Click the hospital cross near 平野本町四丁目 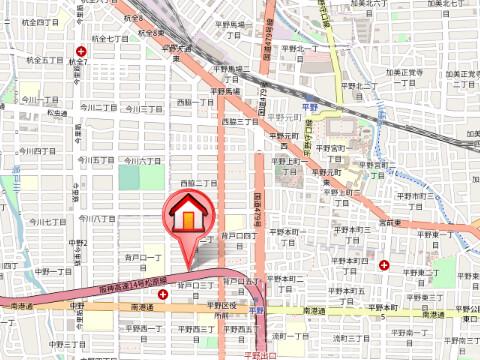[x=385, y=265]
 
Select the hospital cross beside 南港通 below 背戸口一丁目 [x=162, y=295]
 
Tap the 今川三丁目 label [x=143, y=108]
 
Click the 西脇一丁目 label [x=196, y=102]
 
